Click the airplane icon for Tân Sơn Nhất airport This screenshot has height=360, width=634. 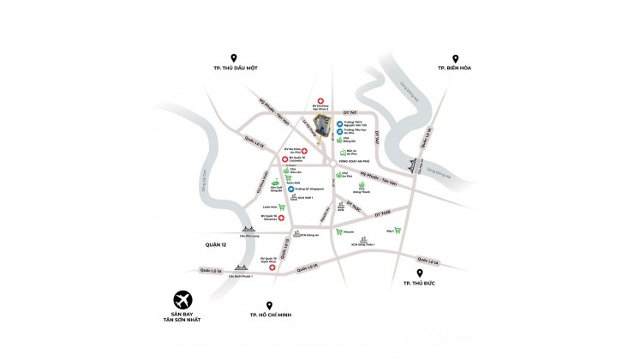point(182,300)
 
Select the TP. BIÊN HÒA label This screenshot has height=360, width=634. point(454,68)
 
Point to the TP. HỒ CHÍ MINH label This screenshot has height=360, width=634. point(267,315)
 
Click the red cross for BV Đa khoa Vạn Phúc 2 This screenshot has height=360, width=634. point(320,100)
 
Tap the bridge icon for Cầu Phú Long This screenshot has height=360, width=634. point(248,229)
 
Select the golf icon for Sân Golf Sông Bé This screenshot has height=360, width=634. point(275,183)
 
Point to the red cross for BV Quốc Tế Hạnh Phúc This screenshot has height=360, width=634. point(272,267)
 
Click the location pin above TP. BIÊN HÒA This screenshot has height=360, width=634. point(453,54)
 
